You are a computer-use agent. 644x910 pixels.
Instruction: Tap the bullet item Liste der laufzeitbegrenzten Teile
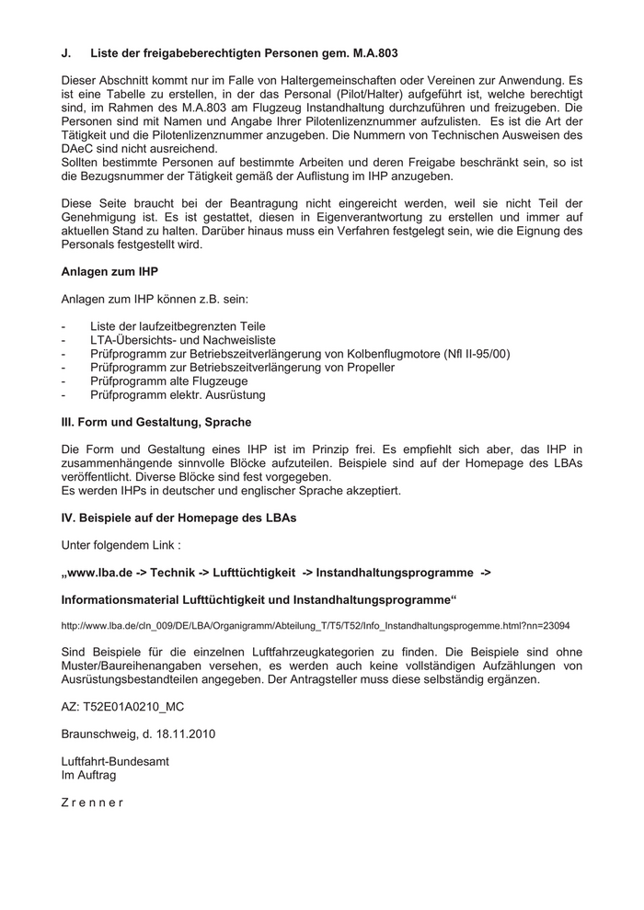pyautogui.click(x=178, y=326)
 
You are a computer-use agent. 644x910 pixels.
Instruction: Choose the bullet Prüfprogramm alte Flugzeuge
pyautogui.click(x=168, y=381)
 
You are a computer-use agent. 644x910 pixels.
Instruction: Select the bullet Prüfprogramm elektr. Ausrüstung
pyautogui.click(x=178, y=395)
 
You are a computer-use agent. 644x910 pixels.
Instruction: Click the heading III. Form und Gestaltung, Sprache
pyautogui.click(x=156, y=422)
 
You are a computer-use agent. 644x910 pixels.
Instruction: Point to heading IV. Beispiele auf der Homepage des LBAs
pyautogui.click(x=178, y=518)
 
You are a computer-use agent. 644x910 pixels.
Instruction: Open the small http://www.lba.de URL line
pyautogui.click(x=315, y=626)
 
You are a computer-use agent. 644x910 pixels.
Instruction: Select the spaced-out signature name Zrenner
pyautogui.click(x=92, y=802)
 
